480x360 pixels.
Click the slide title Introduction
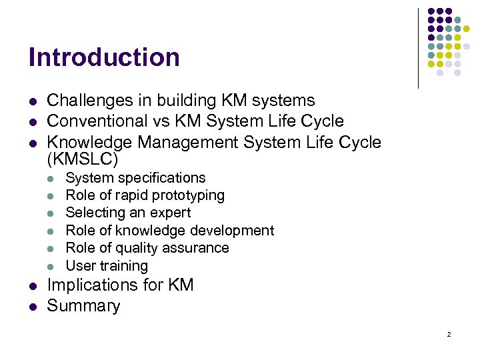pyautogui.click(x=104, y=57)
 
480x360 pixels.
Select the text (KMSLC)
pyautogui.click(x=83, y=159)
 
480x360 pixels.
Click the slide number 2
pyautogui.click(x=449, y=334)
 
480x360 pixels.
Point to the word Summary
pyautogui.click(x=83, y=306)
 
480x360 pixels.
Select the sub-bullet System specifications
pyautogui.click(x=135, y=178)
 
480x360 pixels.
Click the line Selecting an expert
pyautogui.click(x=128, y=213)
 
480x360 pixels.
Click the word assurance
pyautogui.click(x=197, y=248)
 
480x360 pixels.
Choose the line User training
pyautogui.click(x=107, y=265)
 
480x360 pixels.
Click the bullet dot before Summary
pyautogui.click(x=32, y=307)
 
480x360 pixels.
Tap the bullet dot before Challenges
pyautogui.click(x=32, y=101)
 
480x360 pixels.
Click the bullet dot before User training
pyautogui.click(x=53, y=266)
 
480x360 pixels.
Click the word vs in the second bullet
pyautogui.click(x=163, y=121)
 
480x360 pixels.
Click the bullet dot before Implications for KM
pyautogui.click(x=32, y=286)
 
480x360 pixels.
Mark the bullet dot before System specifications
pyautogui.click(x=53, y=179)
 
